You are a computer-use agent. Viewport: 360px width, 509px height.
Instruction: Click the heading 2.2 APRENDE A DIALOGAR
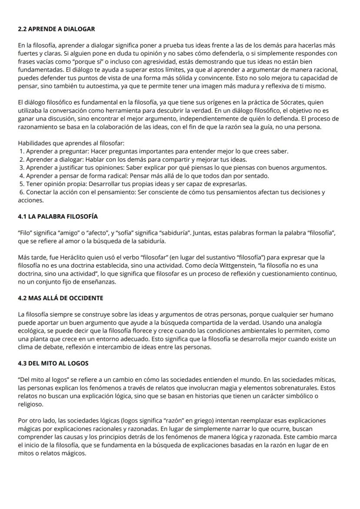56,29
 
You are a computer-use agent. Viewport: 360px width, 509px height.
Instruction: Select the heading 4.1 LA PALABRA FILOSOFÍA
58,216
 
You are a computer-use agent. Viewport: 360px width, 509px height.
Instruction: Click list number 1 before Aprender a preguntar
21,151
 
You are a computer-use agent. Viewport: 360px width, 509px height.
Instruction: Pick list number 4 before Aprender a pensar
21,176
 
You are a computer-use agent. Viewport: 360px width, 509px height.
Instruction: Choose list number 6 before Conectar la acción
22,192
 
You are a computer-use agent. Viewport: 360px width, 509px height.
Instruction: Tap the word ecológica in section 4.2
32,330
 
